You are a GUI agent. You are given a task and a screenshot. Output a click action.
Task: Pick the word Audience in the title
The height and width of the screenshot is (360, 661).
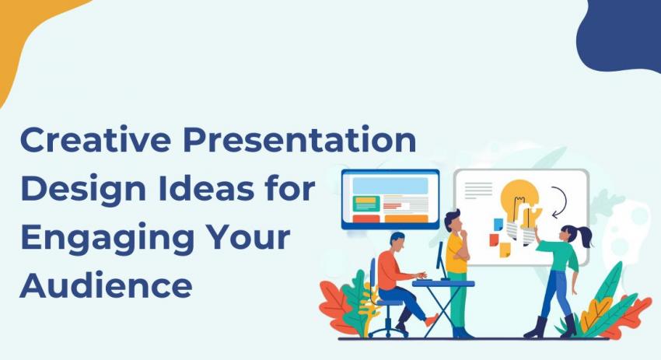[x=107, y=285]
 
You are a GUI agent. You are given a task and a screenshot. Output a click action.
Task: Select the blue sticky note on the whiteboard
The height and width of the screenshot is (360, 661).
[x=498, y=224]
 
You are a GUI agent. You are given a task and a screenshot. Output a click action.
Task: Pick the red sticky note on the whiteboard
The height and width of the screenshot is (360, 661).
[x=494, y=239]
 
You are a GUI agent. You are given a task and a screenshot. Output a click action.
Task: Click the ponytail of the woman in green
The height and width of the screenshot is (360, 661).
[x=586, y=236]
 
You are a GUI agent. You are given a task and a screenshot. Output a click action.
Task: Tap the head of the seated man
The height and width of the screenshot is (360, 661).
[x=397, y=241]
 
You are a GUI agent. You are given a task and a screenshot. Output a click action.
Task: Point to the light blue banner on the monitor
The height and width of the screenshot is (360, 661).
[x=390, y=186]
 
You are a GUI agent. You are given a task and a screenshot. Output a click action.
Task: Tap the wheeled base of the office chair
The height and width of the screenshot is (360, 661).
[x=388, y=330]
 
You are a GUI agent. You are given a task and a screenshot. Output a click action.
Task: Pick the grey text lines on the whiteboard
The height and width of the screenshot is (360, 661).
[x=478, y=190]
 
